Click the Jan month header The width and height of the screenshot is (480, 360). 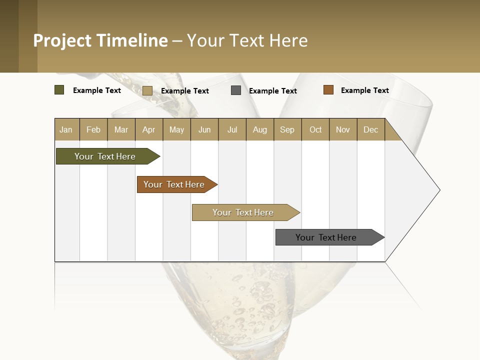pyautogui.click(x=66, y=130)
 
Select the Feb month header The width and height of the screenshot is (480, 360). pyautogui.click(x=93, y=130)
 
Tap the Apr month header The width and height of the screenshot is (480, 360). pyautogui.click(x=148, y=130)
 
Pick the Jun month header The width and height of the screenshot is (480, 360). pyautogui.click(x=204, y=130)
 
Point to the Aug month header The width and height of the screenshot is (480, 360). pyautogui.click(x=259, y=130)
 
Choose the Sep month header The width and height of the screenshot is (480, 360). pyautogui.click(x=287, y=130)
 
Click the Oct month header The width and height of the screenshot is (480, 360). pyautogui.click(x=315, y=130)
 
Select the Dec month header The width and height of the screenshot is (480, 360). pyautogui.click(x=370, y=130)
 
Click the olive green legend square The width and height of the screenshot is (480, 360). pyautogui.click(x=59, y=90)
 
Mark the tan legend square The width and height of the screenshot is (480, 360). pyautogui.click(x=147, y=90)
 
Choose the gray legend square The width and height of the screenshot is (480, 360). pyautogui.click(x=236, y=90)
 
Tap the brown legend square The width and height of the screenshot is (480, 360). pyautogui.click(x=328, y=90)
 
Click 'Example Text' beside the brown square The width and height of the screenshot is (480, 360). pyautogui.click(x=364, y=90)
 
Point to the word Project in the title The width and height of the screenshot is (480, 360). pyautogui.click(x=63, y=40)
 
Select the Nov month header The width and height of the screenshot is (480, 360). pyautogui.click(x=343, y=130)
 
